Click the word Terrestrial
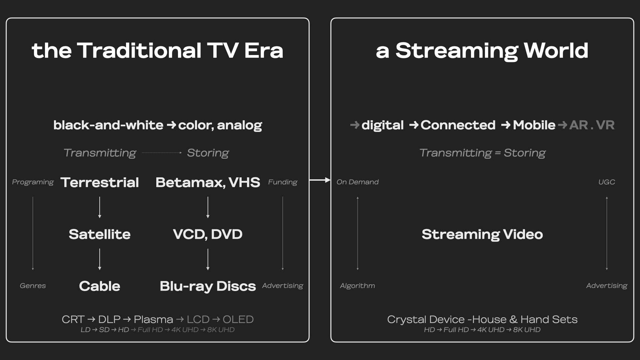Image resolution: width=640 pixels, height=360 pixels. tap(100, 182)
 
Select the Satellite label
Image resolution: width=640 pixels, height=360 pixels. tap(100, 234)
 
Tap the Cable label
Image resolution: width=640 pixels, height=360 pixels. tap(100, 286)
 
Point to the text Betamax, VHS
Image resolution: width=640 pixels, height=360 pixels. tap(208, 182)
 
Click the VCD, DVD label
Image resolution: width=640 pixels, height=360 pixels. tap(208, 234)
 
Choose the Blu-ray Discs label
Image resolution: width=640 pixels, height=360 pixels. tap(208, 286)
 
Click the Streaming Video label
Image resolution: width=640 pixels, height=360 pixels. tap(482, 235)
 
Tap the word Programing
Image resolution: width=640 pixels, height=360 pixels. tap(33, 182)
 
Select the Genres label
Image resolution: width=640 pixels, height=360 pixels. tap(33, 286)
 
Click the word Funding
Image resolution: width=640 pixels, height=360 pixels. tap(283, 182)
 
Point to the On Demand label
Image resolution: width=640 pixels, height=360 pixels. tap(358, 182)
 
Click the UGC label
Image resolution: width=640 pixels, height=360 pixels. tap(607, 182)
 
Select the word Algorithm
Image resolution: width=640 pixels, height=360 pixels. tap(358, 286)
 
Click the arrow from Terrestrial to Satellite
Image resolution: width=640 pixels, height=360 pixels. tap(100, 207)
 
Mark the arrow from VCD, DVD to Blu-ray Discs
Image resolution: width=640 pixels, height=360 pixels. tap(208, 259)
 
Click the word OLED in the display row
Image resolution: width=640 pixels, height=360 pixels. tap(238, 319)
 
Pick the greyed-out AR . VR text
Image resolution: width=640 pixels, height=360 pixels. tap(592, 125)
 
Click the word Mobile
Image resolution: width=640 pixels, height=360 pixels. tap(534, 125)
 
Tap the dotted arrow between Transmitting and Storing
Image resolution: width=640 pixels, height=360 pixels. tap(162, 153)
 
